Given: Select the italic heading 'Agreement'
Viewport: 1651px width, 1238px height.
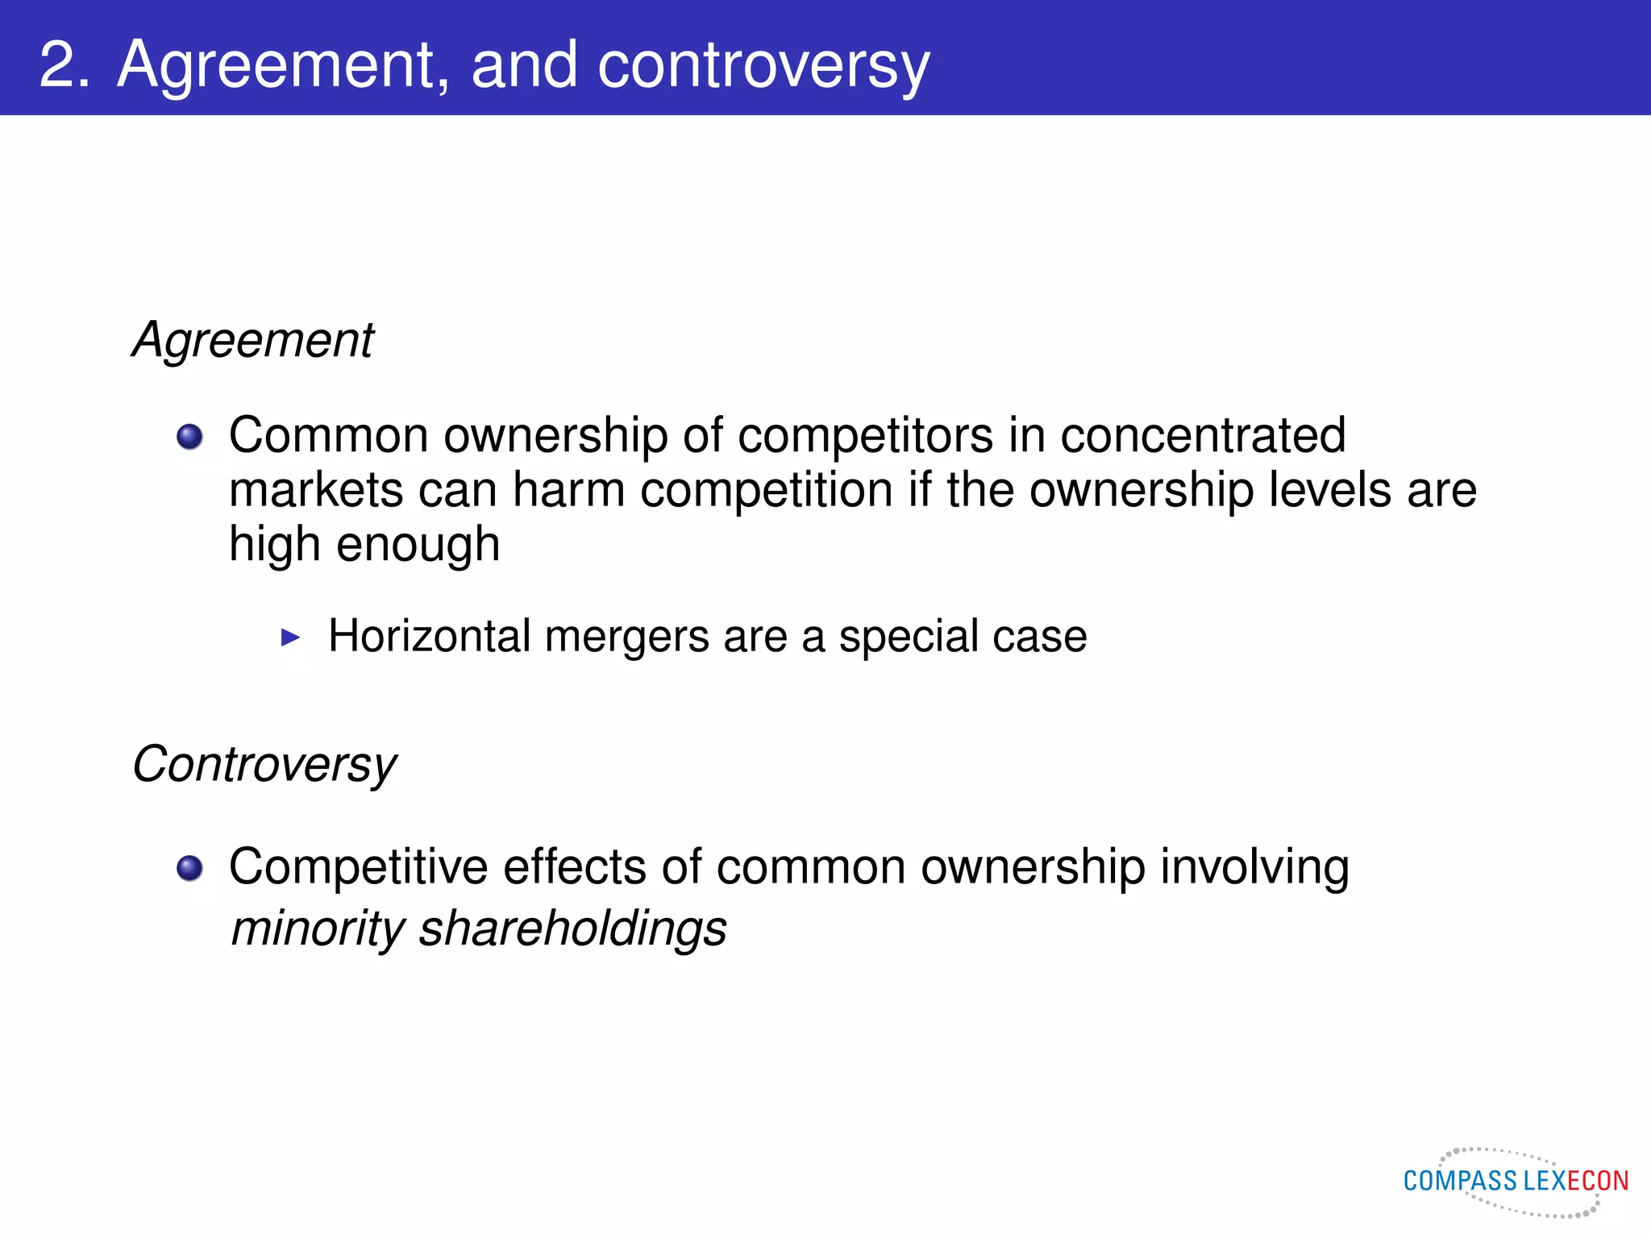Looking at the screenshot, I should pyautogui.click(x=253, y=339).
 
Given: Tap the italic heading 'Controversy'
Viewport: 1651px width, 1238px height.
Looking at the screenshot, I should pyautogui.click(x=264, y=764).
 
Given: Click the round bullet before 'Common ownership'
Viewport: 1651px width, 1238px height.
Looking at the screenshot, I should pyautogui.click(x=190, y=437).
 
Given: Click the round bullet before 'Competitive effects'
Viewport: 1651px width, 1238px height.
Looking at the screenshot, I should pyautogui.click(x=190, y=868).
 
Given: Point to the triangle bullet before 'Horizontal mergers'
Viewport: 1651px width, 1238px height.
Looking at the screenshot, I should pyautogui.click(x=290, y=638).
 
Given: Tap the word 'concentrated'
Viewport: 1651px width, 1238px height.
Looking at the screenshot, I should pyautogui.click(x=1203, y=435).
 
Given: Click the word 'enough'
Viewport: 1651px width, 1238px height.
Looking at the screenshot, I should pyautogui.click(x=418, y=545).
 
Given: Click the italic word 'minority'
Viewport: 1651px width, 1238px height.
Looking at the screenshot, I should pyautogui.click(x=318, y=928).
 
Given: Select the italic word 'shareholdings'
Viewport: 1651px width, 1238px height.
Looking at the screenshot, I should pyautogui.click(x=572, y=928).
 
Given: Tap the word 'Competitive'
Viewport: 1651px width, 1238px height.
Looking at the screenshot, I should pyautogui.click(x=358, y=867).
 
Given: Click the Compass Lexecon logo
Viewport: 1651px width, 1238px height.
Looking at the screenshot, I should pyautogui.click(x=1516, y=1182).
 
